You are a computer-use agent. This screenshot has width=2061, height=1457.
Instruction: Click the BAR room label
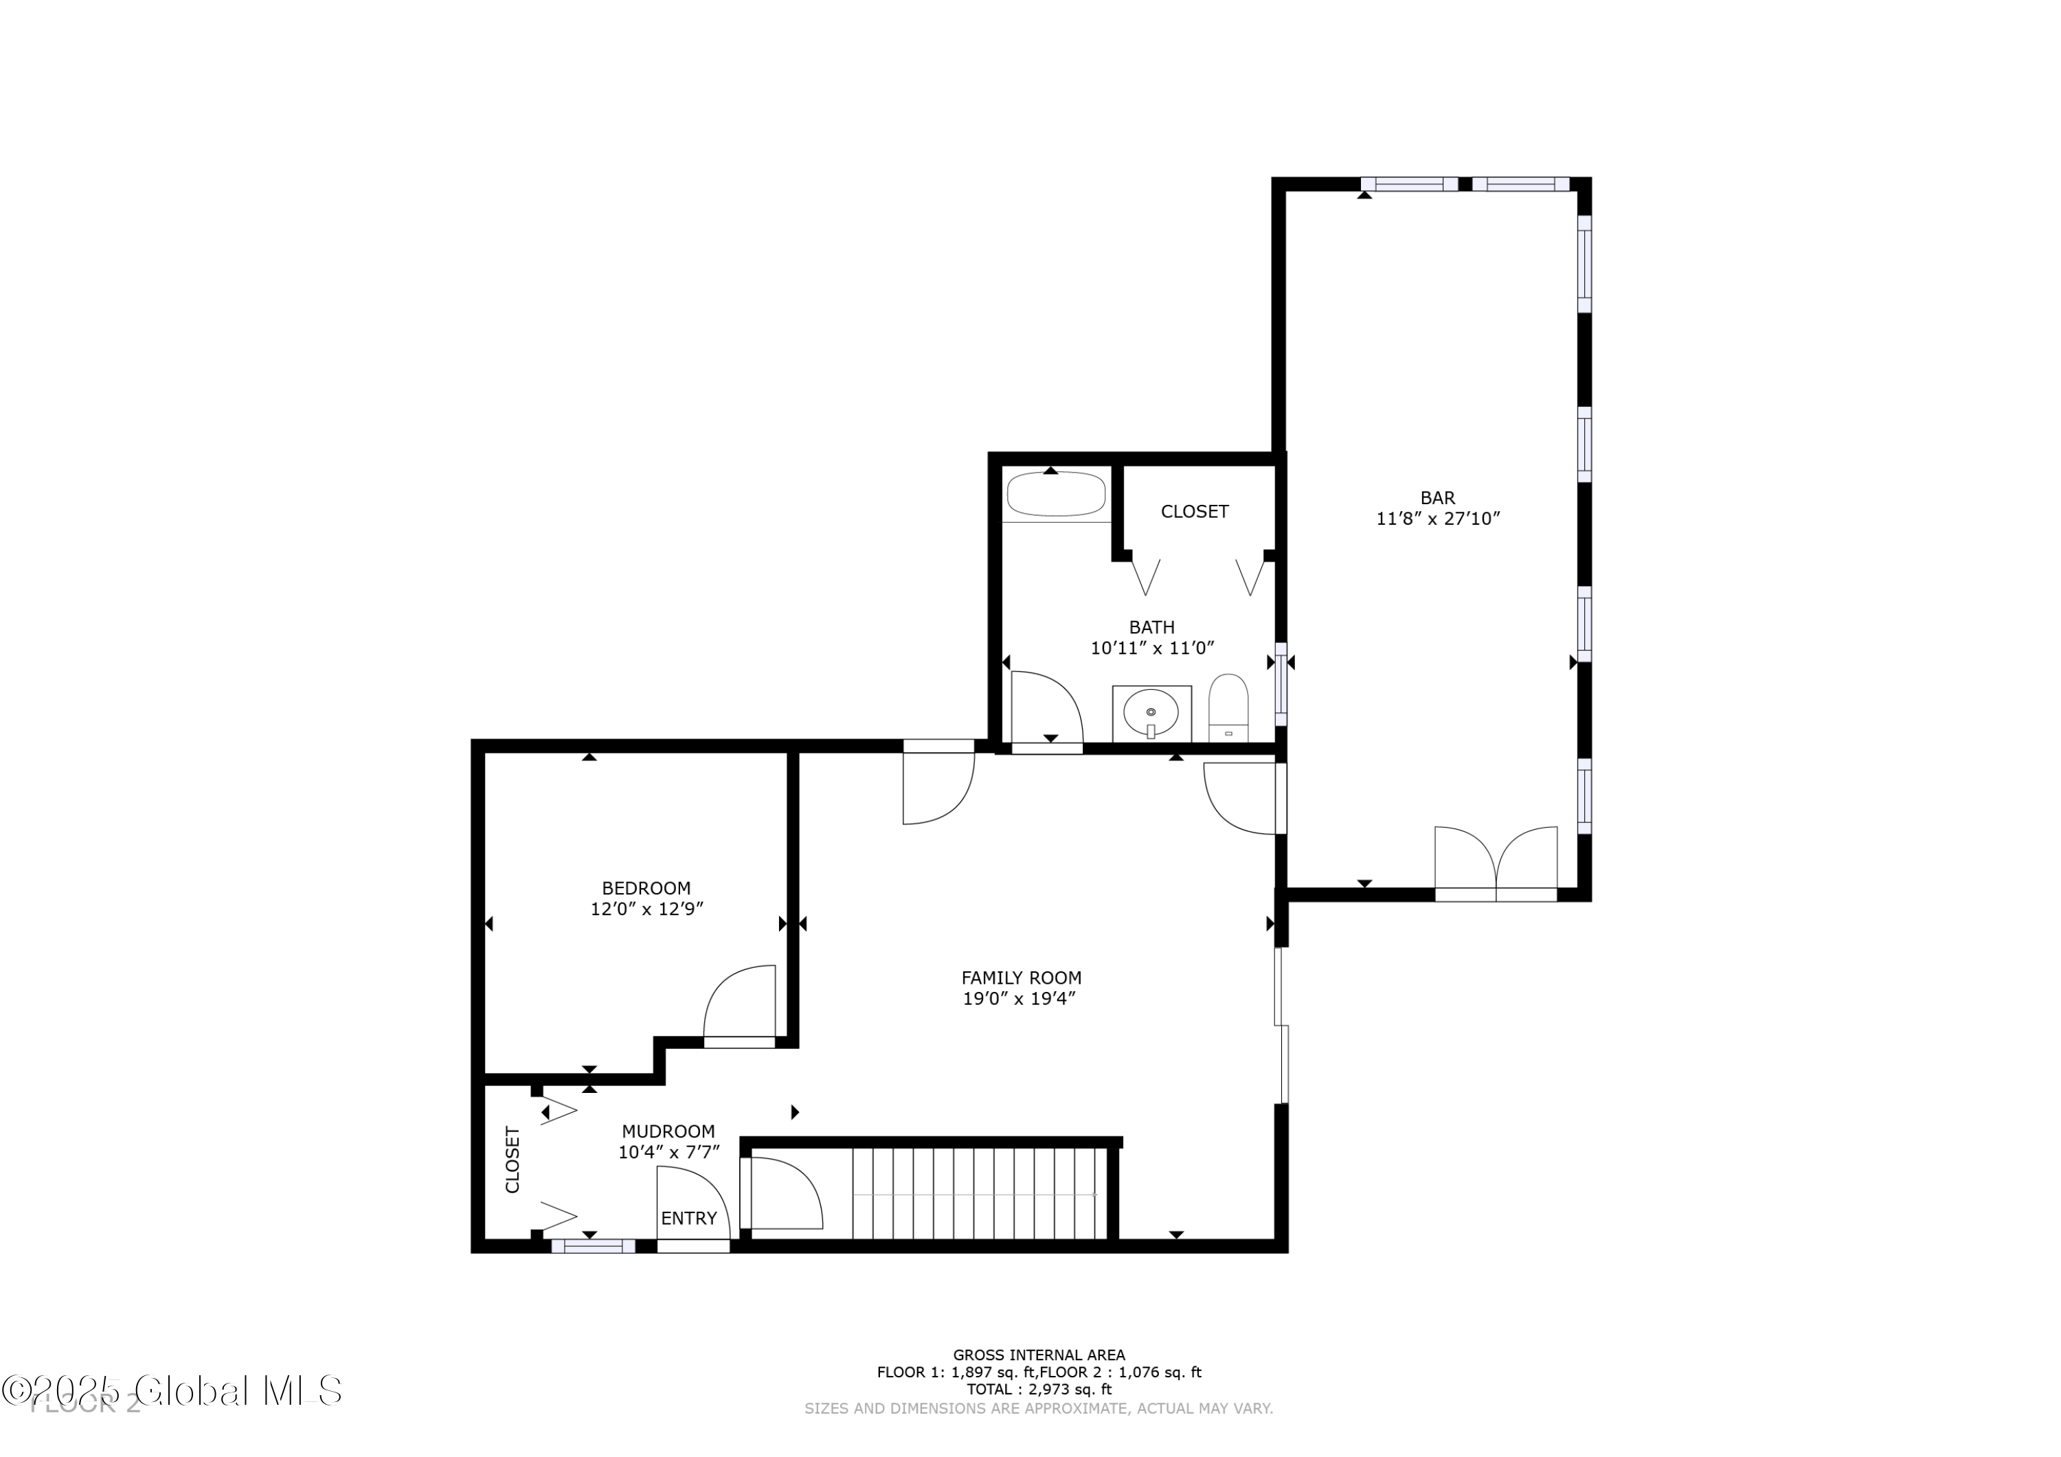(x=1437, y=497)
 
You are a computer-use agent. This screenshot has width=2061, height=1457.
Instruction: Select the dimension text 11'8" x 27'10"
(x=1438, y=519)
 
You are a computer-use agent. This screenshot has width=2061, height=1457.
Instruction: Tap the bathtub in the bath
(x=1056, y=495)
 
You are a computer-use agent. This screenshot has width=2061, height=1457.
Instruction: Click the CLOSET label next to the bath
(x=1194, y=512)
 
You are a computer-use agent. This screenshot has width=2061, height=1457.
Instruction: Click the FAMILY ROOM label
(x=1021, y=978)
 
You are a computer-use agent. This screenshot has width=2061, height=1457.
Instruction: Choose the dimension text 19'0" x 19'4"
(x=1020, y=999)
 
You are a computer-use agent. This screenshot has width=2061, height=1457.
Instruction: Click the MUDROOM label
(x=668, y=1132)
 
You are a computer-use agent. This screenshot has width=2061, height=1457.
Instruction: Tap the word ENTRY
(x=688, y=1218)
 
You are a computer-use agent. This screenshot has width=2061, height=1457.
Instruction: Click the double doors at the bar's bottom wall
(x=1496, y=863)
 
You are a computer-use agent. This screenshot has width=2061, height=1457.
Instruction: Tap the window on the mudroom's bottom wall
(x=592, y=1246)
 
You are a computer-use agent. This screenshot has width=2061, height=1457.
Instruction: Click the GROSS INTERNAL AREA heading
(x=1039, y=1355)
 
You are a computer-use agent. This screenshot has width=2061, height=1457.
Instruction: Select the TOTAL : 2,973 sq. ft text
(x=1039, y=1390)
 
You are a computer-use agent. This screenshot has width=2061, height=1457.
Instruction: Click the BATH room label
(x=1151, y=627)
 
